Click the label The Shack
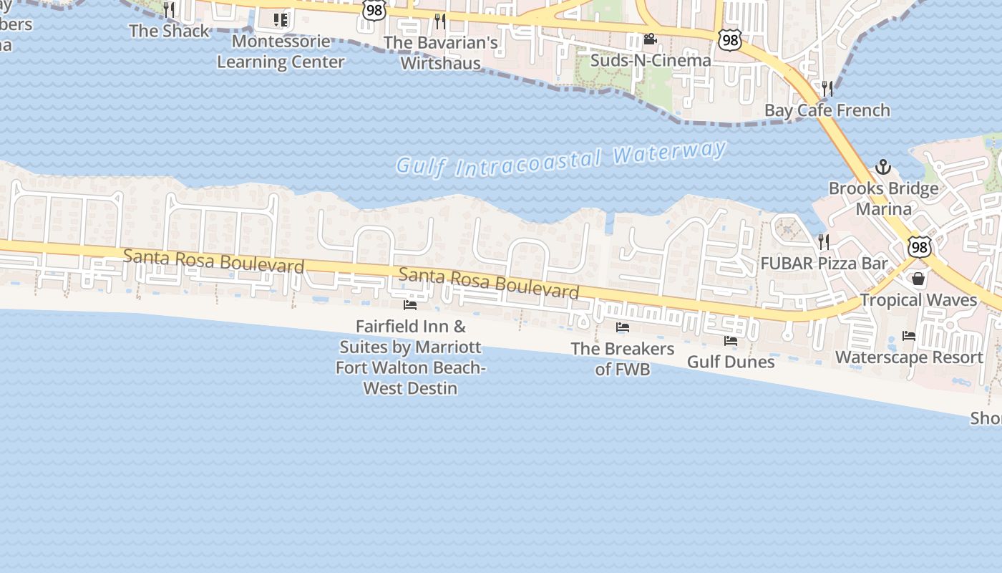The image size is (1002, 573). point(169,31)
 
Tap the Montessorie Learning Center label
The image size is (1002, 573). point(281,52)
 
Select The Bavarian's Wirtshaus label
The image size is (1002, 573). point(440,52)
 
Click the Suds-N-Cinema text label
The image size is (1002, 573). point(650,60)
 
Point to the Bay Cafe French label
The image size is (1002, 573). point(827,110)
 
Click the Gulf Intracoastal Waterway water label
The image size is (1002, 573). point(562,159)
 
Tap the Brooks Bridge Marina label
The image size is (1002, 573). point(883,199)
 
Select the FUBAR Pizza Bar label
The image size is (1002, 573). point(824,263)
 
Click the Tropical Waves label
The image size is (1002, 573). point(918,299)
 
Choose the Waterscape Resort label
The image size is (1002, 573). point(909,357)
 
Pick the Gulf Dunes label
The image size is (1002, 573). point(731,362)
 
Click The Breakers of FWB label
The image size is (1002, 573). point(623,359)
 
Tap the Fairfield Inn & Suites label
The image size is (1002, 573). point(410,357)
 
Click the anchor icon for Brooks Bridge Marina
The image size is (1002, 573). point(883,167)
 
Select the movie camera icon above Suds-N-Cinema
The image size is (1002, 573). point(650,39)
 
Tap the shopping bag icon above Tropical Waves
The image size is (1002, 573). point(918,279)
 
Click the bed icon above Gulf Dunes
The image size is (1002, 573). point(731,341)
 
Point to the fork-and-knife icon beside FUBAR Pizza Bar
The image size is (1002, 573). point(824,242)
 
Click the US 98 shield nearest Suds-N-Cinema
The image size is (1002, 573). point(730,40)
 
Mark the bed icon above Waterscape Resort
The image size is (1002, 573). point(909,335)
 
